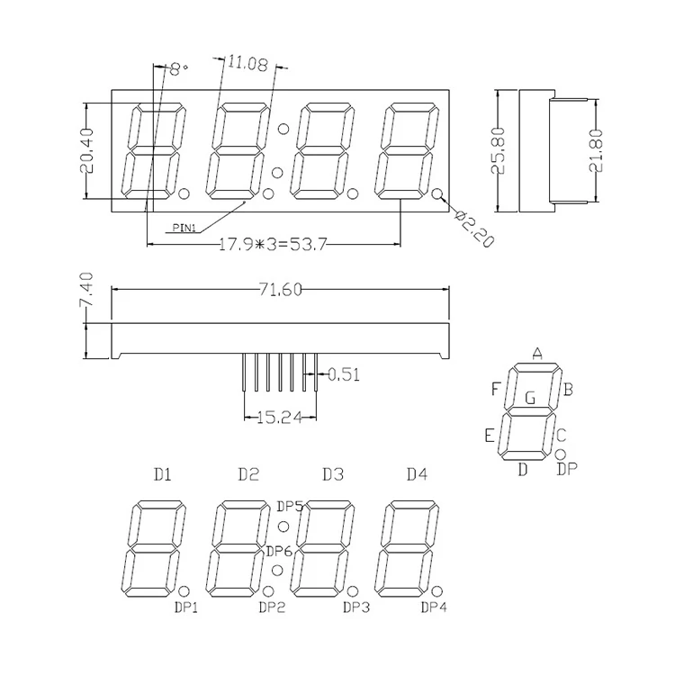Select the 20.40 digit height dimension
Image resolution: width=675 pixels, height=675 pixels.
coord(86,151)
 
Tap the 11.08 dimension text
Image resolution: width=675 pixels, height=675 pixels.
coord(244,63)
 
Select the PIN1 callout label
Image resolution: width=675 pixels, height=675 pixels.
coord(184,228)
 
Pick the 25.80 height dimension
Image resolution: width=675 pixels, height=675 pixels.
coord(500,150)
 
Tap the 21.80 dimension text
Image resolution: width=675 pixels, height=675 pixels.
coord(595,150)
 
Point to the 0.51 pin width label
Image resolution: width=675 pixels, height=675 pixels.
coord(343,374)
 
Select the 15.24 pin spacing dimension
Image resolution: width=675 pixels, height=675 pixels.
coord(279,418)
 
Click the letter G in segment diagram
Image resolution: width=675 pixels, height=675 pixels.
coord(530,396)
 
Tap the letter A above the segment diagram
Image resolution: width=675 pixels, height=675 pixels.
coord(537,353)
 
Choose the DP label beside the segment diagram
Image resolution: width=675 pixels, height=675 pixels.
coord(567,468)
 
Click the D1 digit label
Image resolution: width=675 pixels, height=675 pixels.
coord(162,474)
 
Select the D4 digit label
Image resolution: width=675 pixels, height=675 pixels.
coord(417,474)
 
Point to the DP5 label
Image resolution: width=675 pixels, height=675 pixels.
coord(290,506)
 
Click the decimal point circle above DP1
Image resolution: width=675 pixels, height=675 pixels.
coord(184,591)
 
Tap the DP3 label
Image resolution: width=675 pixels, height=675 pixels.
coord(355,607)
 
